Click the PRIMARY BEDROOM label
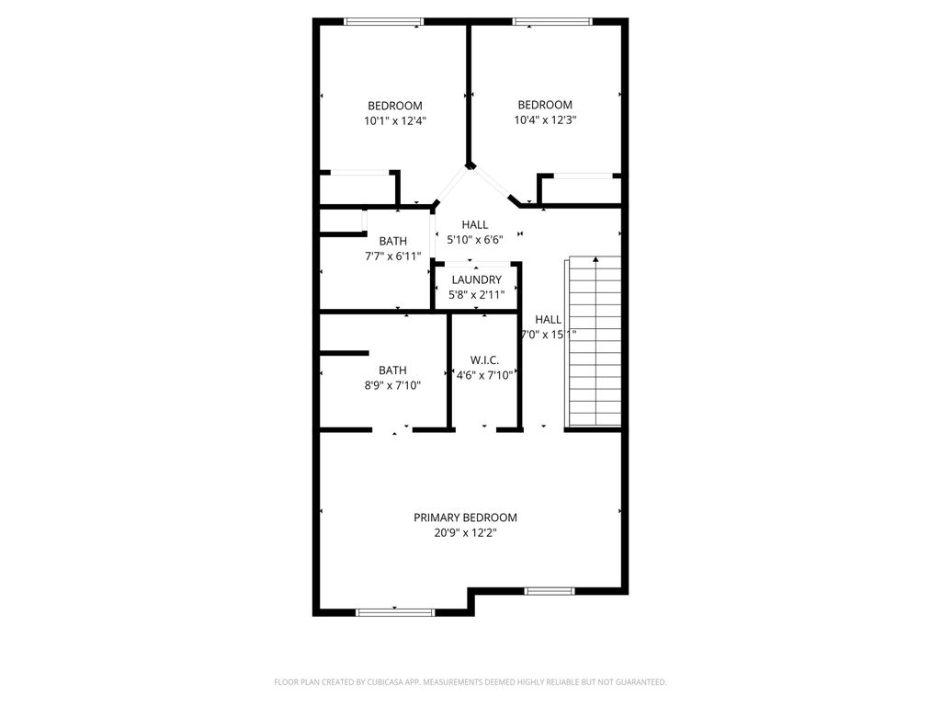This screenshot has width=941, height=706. point(465,518)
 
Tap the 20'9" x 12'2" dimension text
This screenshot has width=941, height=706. point(465,532)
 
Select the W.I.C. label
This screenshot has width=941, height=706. point(484,360)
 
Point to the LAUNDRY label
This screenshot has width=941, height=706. point(476,279)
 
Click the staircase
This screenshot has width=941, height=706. point(595,342)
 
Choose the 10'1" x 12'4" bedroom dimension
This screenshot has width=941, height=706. point(395,120)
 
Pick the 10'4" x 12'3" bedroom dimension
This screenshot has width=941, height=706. point(545,120)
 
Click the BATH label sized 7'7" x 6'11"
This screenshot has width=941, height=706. point(392,242)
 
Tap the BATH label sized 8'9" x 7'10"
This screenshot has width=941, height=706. point(392,370)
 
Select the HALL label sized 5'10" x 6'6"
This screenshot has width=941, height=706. point(475,224)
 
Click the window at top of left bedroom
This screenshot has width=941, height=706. point(384,22)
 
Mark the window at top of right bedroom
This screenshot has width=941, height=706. point(552,22)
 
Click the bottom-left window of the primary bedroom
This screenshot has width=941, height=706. point(395,611)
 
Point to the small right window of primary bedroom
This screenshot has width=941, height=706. point(550,591)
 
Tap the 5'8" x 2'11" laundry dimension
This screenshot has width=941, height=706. point(476,294)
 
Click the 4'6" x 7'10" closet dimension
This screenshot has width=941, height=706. point(484,375)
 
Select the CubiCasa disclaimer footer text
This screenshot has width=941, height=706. point(470,682)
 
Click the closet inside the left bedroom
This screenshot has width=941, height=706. point(357,188)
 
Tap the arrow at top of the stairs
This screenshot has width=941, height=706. point(595,260)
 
